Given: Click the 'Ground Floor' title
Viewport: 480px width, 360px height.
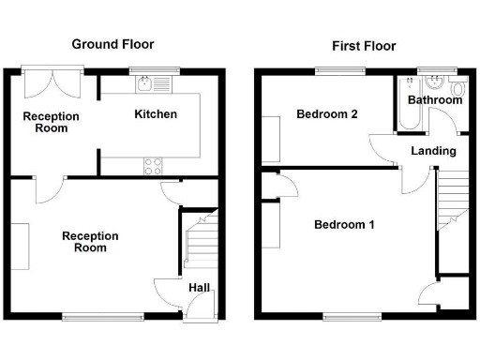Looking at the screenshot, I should coord(112,44).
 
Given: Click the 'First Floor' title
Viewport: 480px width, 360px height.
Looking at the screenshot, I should coord(363,45).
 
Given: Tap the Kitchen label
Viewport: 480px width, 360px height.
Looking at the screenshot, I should coord(156,114).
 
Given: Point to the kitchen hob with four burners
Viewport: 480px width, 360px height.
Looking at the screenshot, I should coord(153,166).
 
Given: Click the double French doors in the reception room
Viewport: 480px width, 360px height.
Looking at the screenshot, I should coord(52,82).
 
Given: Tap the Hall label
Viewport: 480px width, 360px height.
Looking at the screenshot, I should coord(200,287).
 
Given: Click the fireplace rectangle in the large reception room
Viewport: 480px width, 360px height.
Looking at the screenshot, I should coord(19,247).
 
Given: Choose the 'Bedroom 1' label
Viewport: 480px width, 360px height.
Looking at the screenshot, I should coord(344,225).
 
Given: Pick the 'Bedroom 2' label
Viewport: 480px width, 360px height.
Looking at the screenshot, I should coord(327,115).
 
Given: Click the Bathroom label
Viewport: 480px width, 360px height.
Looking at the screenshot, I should coord(434,100).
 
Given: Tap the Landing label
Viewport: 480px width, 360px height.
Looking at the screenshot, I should coord(433,150).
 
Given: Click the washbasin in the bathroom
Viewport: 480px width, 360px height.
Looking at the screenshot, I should coord(432,83).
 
